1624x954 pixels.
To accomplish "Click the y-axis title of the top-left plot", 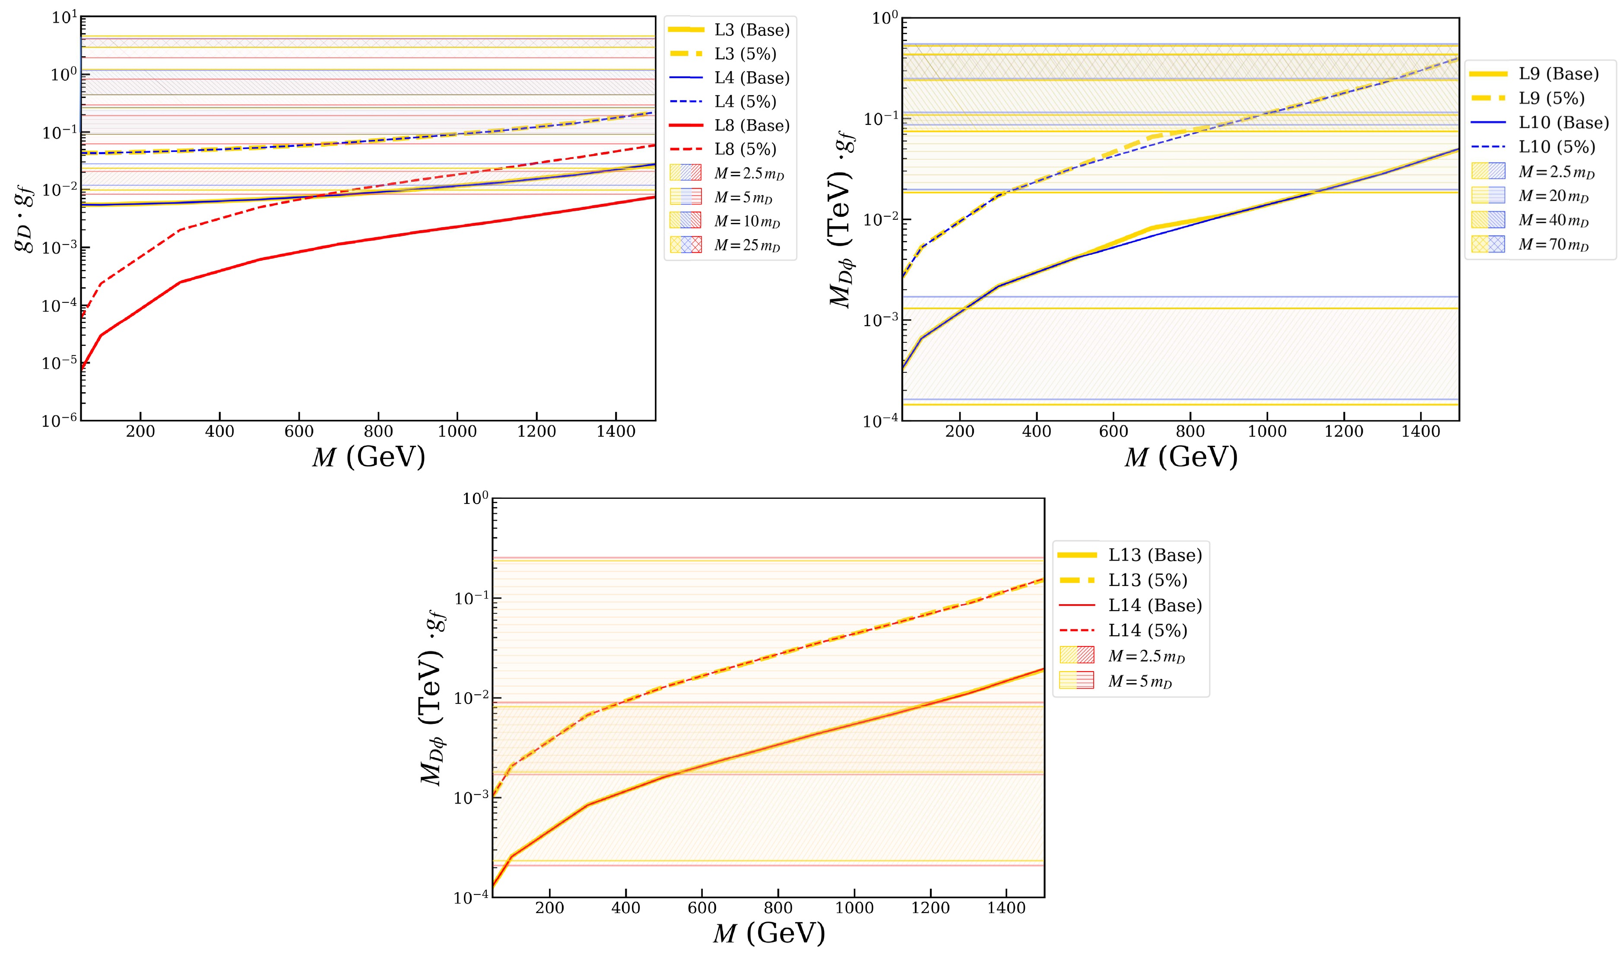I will click(25, 219).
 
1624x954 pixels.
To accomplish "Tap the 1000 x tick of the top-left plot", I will click(457, 432).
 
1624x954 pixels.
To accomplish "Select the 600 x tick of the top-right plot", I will click(1113, 432).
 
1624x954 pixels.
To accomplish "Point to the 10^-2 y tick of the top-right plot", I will click(880, 220).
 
